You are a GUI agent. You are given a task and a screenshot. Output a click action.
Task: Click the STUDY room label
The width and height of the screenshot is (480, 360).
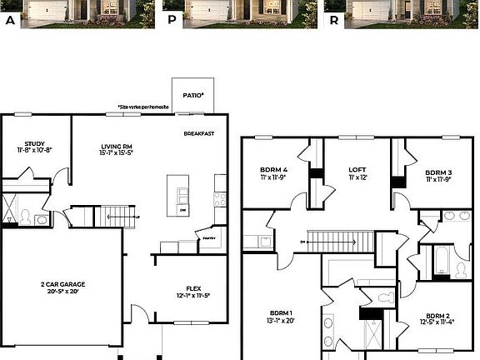34,142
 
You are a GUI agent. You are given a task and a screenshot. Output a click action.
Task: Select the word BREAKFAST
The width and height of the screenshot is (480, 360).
199,133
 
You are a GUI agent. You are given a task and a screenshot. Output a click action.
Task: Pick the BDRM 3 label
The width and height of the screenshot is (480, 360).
438,171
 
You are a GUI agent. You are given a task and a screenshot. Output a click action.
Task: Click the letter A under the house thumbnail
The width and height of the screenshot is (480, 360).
10,22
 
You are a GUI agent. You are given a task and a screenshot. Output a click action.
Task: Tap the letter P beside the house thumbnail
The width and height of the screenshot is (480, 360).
172,22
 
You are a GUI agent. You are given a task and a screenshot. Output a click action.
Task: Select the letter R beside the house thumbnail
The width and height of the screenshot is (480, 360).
333,22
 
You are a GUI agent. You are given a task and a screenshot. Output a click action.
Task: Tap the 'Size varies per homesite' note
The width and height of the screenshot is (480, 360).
143,107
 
